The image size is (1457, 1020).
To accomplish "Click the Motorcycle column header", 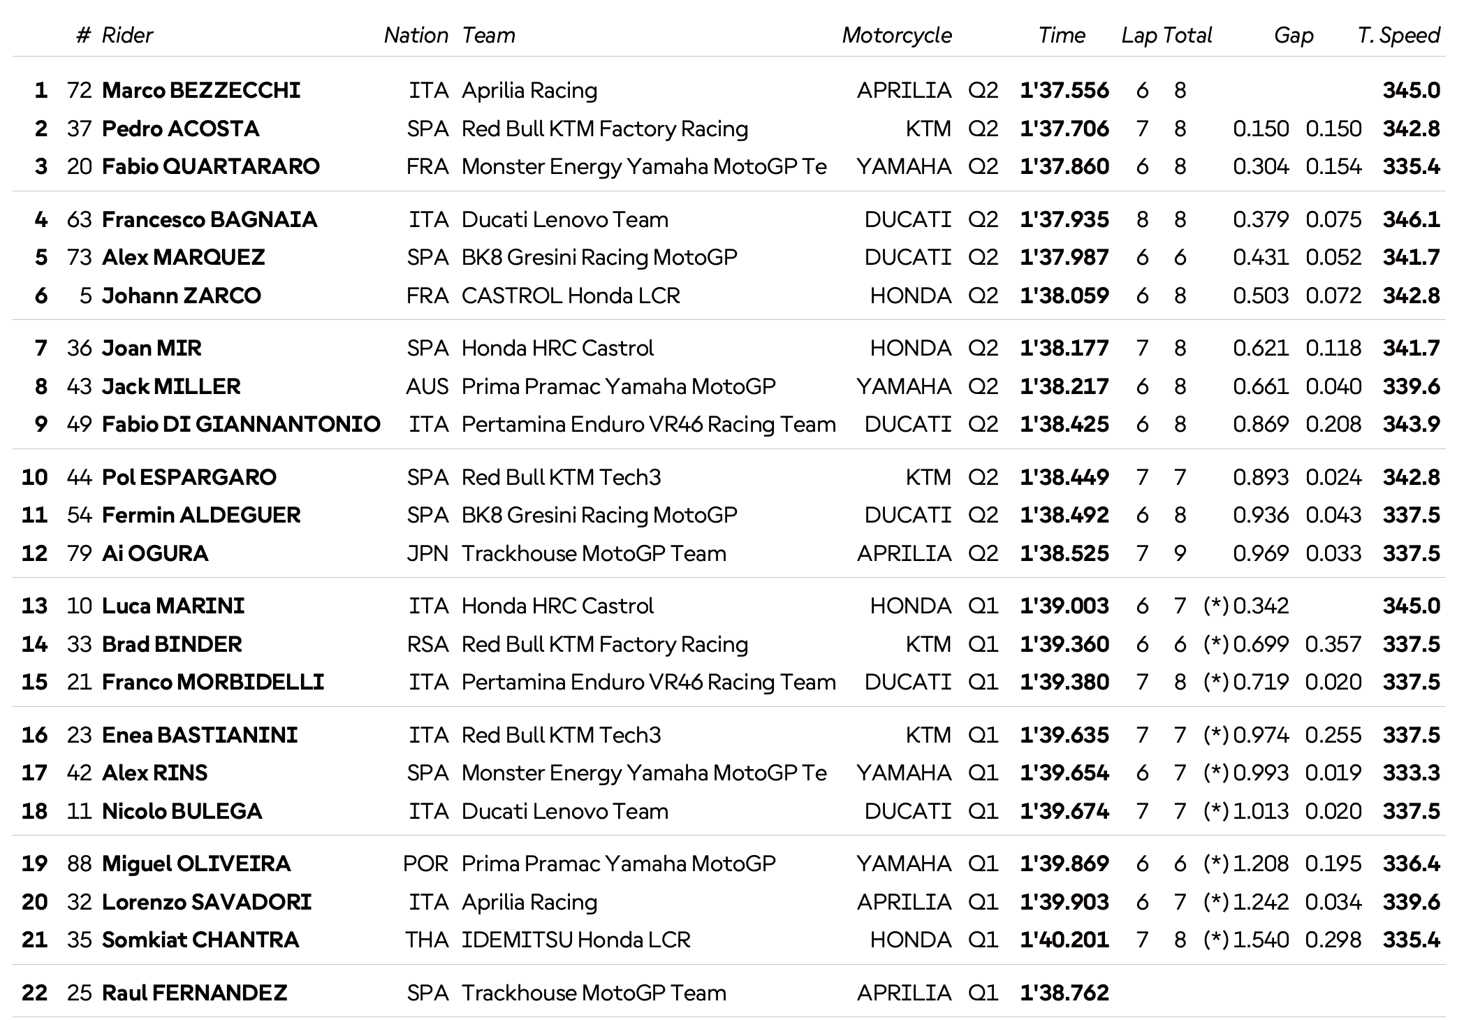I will click(x=896, y=35).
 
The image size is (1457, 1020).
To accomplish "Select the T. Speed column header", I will click(x=1398, y=35).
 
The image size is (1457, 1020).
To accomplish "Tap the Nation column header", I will click(x=416, y=35).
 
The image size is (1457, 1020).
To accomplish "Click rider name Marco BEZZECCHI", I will click(x=201, y=90).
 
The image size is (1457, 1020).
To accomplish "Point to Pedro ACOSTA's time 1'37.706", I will click(x=1064, y=129).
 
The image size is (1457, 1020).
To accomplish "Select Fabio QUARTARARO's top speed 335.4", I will click(x=1411, y=166).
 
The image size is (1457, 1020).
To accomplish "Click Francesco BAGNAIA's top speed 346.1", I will click(x=1411, y=219).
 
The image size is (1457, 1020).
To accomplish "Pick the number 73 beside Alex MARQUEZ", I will click(x=79, y=257).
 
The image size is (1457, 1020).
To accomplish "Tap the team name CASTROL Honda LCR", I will click(x=571, y=296).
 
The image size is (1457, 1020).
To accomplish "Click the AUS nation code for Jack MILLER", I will click(x=427, y=386).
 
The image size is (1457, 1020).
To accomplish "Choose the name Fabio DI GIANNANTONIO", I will click(x=241, y=424).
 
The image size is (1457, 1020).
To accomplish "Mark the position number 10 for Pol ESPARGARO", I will click(x=34, y=477).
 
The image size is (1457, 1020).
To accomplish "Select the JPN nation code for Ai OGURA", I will click(x=427, y=553).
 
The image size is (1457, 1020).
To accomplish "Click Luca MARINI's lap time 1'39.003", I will click(x=1064, y=606).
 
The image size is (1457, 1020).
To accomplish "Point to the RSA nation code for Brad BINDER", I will click(x=427, y=644).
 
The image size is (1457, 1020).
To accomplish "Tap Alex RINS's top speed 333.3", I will click(x=1411, y=773).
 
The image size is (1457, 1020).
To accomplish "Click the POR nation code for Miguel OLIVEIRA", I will click(x=425, y=864).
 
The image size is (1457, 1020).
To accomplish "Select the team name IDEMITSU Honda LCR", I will click(x=576, y=940).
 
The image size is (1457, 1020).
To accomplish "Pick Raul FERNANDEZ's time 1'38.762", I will click(x=1064, y=993).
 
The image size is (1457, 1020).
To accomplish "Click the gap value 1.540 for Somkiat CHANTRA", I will click(x=1261, y=940).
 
